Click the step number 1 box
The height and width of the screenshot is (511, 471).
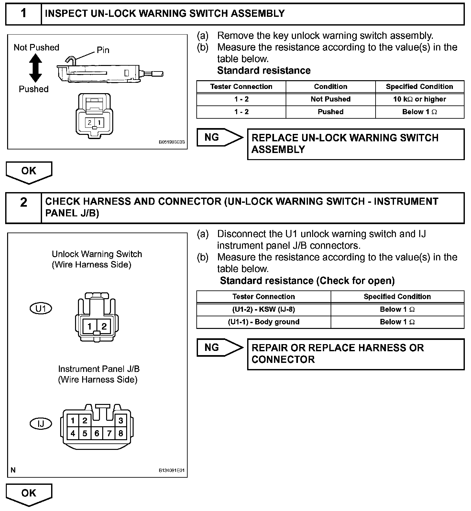click(24, 14)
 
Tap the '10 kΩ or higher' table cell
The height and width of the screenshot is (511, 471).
click(420, 99)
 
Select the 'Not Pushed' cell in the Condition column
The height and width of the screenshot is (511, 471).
click(330, 99)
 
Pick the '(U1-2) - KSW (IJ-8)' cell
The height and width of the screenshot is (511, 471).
click(264, 310)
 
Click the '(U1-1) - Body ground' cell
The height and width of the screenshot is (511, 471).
click(264, 322)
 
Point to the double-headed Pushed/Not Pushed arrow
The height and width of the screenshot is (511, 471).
click(35, 68)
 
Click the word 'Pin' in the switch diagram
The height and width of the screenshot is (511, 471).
click(103, 50)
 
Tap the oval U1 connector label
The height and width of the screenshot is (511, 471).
click(41, 309)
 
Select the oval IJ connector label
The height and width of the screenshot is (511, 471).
click(41, 423)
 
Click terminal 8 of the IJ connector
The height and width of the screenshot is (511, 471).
click(121, 433)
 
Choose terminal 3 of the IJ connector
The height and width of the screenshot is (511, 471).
click(121, 421)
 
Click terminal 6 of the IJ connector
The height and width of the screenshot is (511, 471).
click(97, 433)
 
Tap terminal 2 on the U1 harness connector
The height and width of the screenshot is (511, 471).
click(104, 326)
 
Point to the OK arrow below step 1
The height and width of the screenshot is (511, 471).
click(29, 172)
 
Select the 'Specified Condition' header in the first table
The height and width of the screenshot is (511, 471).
click(420, 87)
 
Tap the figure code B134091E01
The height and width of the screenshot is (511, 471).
click(171, 471)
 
